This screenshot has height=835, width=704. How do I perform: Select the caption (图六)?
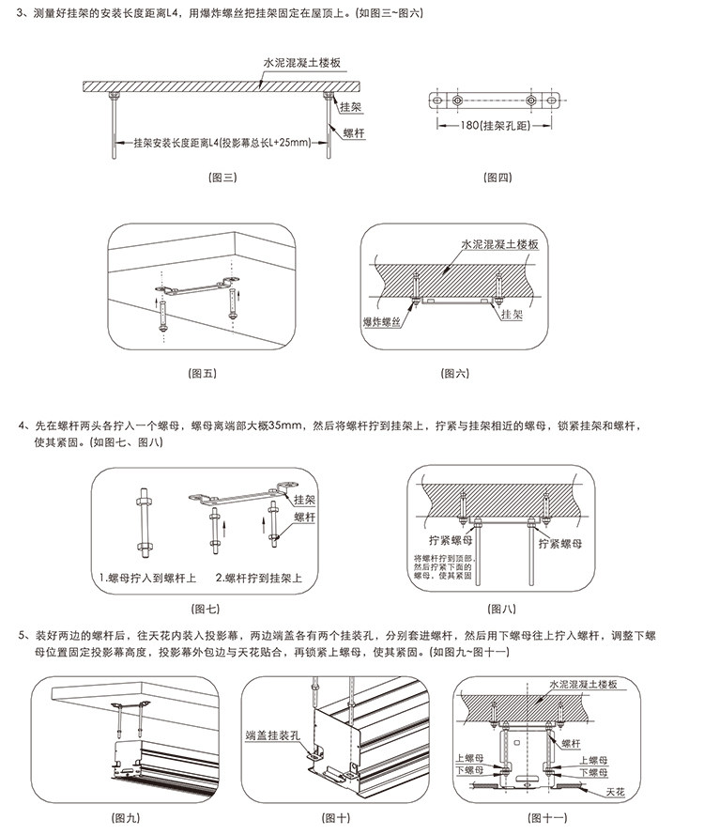(x=454, y=373)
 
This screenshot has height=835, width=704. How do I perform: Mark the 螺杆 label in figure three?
(x=354, y=135)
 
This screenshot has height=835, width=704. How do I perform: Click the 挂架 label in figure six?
(x=512, y=315)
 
